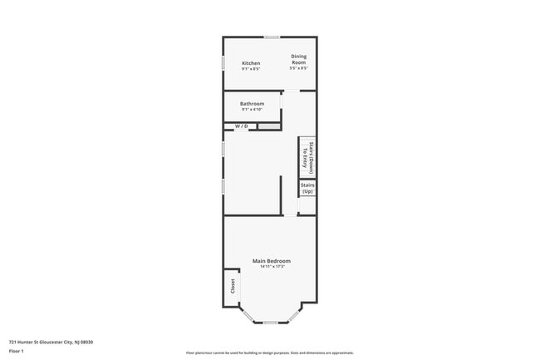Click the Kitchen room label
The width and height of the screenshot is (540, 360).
[251, 63]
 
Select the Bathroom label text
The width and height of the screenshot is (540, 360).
[253, 104]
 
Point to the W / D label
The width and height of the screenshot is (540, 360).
[241, 126]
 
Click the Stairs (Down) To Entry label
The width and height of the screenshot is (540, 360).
[307, 155]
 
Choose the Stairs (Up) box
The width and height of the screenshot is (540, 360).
[307, 189]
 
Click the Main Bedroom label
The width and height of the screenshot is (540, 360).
[272, 261]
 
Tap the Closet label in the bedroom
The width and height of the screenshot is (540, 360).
[233, 287]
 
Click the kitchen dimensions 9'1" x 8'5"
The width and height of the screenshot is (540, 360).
[251, 69]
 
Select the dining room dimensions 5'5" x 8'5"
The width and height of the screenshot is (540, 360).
[299, 68]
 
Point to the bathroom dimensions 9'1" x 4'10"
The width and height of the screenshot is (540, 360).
[253, 110]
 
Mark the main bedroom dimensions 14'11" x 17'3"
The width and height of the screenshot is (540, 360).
[272, 267]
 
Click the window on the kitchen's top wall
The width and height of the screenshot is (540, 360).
[271, 37]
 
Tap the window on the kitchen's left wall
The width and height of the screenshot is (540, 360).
[223, 63]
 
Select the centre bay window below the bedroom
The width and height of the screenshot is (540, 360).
[270, 323]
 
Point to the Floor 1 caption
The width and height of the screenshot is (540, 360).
[17, 352]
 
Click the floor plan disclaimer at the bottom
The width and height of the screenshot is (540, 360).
[270, 353]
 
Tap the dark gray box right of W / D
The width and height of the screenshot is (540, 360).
[268, 126]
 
